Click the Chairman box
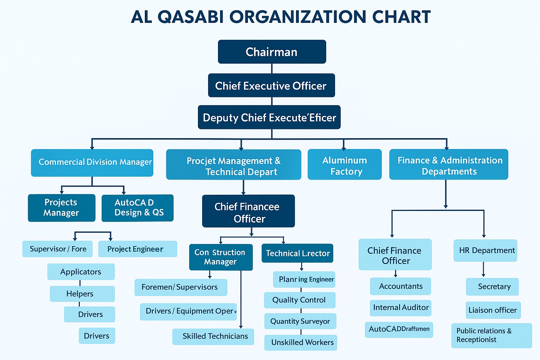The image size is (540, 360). (x=272, y=52)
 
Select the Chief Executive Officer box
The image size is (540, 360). (x=271, y=85)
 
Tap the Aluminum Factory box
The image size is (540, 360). (x=345, y=164)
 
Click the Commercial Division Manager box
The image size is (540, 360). (x=92, y=163)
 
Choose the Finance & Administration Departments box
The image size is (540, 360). (x=449, y=164)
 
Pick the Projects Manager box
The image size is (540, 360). (x=62, y=208)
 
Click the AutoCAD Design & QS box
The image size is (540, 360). (x=137, y=208)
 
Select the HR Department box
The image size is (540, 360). (x=485, y=251)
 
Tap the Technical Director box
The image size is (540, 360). (x=297, y=253)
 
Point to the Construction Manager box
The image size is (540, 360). (x=221, y=257)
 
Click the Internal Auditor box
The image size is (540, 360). (x=400, y=308)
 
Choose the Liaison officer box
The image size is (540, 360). (x=493, y=310)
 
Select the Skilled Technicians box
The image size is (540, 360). (x=213, y=336)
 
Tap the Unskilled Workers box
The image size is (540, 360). (x=301, y=343)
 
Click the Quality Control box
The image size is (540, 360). (x=300, y=300)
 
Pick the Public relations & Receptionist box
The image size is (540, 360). (x=491, y=335)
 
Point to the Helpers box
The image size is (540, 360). (x=82, y=294)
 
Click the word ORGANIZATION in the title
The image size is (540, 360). (x=298, y=17)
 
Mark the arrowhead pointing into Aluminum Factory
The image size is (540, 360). (x=344, y=148)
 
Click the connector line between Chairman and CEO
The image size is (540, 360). (x=272, y=69)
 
